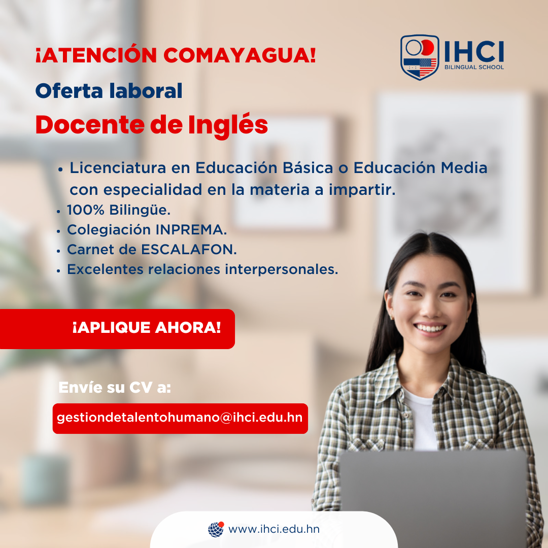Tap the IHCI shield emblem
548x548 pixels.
[420, 57]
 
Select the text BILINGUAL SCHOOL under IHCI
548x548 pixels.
[474, 67]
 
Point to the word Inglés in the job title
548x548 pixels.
[228, 125]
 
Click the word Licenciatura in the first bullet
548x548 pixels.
[118, 168]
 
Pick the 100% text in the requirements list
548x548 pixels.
[86, 210]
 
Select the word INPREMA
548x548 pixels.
[191, 230]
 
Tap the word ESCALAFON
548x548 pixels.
[189, 250]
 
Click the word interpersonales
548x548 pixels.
[281, 269]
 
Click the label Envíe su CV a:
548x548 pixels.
[115, 388]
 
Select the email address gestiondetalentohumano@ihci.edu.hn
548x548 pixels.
[180, 418]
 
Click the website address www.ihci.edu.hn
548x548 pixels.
[274, 529]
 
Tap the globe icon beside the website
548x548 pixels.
[216, 529]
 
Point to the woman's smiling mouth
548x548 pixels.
[430, 328]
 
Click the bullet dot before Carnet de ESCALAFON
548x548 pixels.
[58, 251]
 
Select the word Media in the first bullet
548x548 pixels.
[464, 168]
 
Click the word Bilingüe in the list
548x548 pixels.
[140, 210]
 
